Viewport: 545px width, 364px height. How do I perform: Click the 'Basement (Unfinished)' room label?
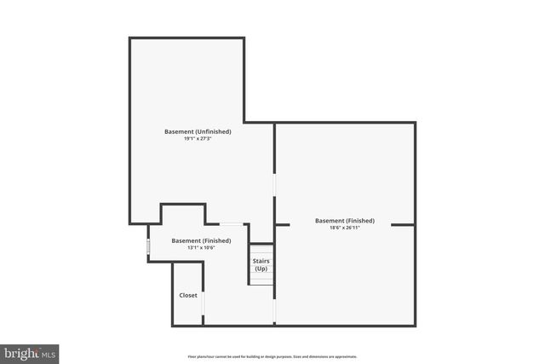(x=198, y=131)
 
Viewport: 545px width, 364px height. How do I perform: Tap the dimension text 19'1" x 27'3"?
(x=198, y=139)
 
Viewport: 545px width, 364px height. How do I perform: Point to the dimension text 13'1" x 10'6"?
(x=200, y=248)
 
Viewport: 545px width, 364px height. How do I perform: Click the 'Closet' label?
(x=188, y=295)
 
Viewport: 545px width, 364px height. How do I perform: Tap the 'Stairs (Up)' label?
(x=261, y=263)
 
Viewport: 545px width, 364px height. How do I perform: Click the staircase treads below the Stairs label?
(x=261, y=277)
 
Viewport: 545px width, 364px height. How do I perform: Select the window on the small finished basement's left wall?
(x=149, y=247)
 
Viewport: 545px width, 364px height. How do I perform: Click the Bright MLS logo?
(x=29, y=352)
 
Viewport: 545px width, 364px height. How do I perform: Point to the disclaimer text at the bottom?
(x=272, y=356)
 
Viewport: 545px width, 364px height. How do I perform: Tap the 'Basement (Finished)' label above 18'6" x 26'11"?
(x=345, y=221)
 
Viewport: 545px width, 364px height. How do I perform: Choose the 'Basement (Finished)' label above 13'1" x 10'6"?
(x=201, y=240)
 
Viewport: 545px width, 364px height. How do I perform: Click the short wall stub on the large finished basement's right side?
(x=404, y=225)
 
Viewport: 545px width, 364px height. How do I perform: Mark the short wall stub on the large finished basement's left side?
(x=283, y=225)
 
